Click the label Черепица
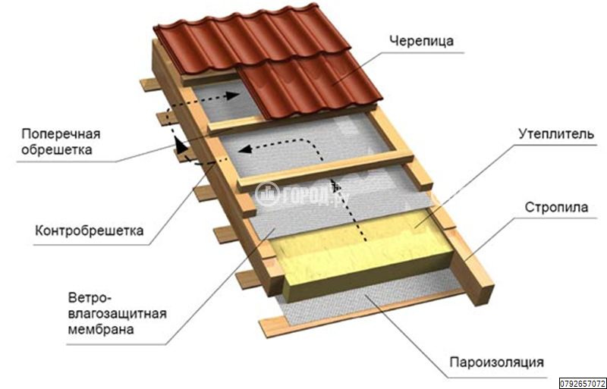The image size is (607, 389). [x=421, y=41]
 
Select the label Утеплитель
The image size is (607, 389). [x=556, y=134]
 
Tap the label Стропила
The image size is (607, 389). [x=556, y=207]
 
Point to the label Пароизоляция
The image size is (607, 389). [x=497, y=362]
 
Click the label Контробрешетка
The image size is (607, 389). [x=90, y=231]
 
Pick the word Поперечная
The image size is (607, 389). [x=61, y=134]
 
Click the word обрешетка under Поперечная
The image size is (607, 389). [x=57, y=149]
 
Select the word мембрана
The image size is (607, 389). [x=101, y=329]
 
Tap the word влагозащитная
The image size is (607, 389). [x=118, y=313]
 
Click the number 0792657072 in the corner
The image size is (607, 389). [x=583, y=384]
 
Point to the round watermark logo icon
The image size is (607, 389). [x=267, y=194]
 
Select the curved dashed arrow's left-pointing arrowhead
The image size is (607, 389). [x=244, y=149]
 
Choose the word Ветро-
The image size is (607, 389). [x=90, y=298]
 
